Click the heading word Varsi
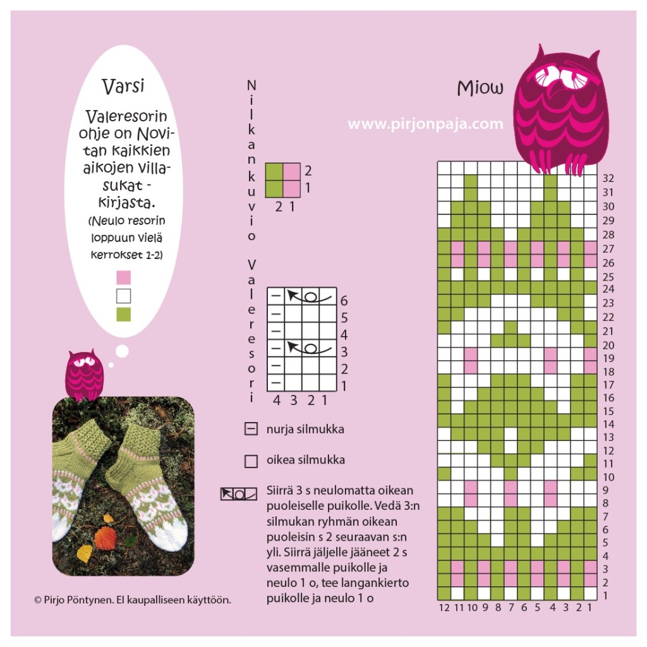click(x=123, y=86)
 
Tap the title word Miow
click(x=480, y=88)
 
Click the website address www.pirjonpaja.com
click(x=425, y=124)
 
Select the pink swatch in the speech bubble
click(x=124, y=277)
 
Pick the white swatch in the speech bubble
click(x=124, y=296)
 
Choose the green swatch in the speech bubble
click(x=124, y=315)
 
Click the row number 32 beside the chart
click(x=608, y=178)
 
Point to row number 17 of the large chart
click(x=608, y=385)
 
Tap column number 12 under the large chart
click(x=444, y=607)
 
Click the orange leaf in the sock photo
click(x=106, y=538)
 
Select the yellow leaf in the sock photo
click(x=86, y=553)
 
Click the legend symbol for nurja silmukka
click(x=251, y=429)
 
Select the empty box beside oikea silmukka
click(x=251, y=461)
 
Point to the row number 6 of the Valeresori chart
click(x=344, y=301)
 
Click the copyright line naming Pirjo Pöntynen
click(x=133, y=600)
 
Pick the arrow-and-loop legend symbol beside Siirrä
click(x=238, y=494)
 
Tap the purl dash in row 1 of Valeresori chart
click(x=276, y=383)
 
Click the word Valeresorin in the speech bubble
click(x=126, y=117)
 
